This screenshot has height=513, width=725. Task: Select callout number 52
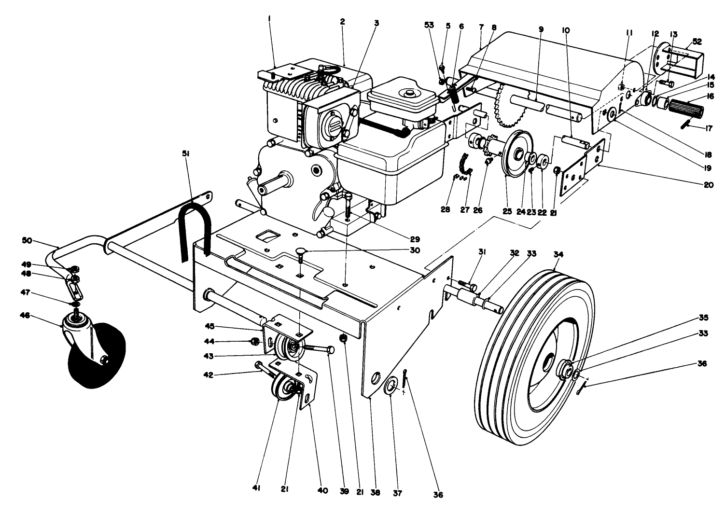(x=697, y=42)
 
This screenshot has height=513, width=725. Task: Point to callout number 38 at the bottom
(x=376, y=493)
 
